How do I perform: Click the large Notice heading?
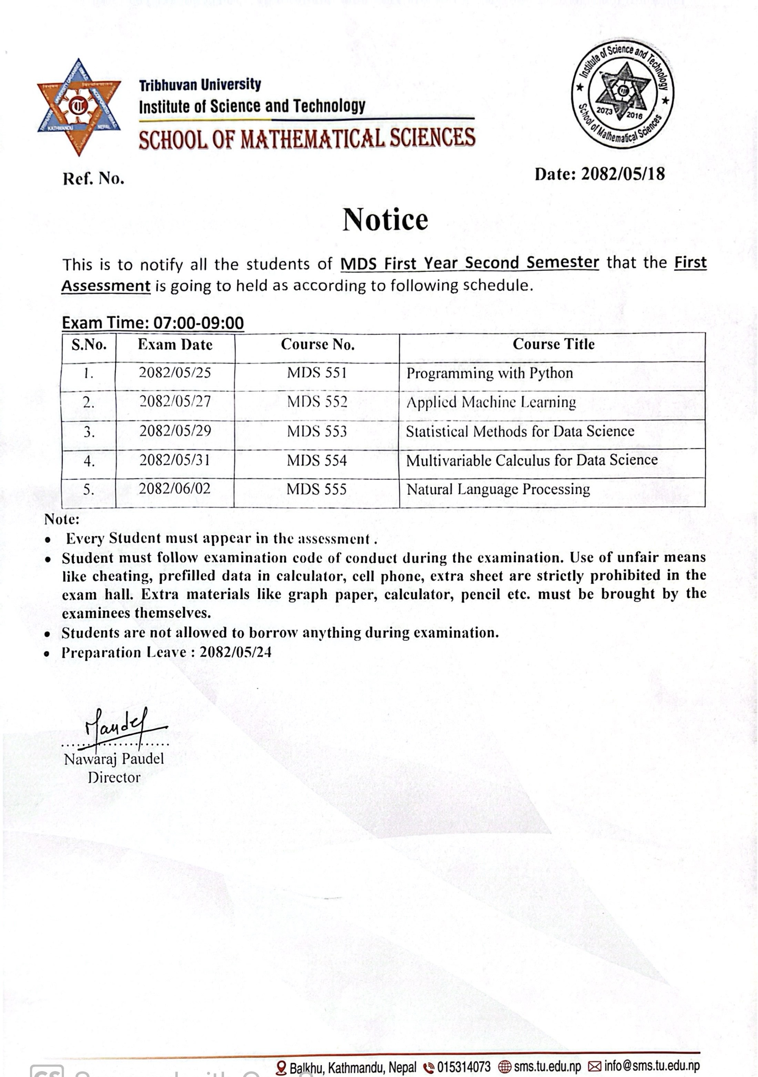[385, 220]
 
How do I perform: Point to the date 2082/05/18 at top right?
[623, 174]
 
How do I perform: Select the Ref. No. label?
[94, 179]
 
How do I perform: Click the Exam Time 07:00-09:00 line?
[153, 323]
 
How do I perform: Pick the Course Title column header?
[554, 344]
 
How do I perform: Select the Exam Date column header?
[175, 345]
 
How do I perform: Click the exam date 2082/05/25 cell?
[175, 373]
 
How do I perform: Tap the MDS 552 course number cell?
[317, 402]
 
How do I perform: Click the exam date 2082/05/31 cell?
[175, 460]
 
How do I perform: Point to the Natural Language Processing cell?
[498, 489]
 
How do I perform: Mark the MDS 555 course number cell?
[317, 489]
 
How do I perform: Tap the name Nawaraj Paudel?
[114, 758]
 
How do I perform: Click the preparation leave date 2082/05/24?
[235, 652]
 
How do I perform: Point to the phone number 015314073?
[463, 1067]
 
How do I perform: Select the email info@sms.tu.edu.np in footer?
[651, 1066]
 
